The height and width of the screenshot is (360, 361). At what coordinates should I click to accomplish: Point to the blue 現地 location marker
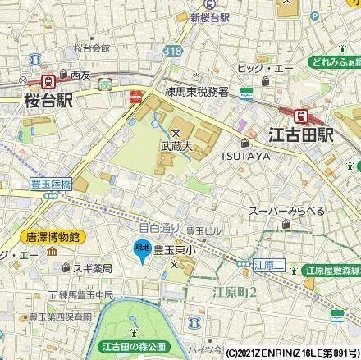[142, 248]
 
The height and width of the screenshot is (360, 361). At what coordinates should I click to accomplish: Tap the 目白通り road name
[159, 227]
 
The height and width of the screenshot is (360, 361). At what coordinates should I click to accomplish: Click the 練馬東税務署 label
[206, 92]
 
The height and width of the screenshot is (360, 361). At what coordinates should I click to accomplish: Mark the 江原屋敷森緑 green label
[328, 269]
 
